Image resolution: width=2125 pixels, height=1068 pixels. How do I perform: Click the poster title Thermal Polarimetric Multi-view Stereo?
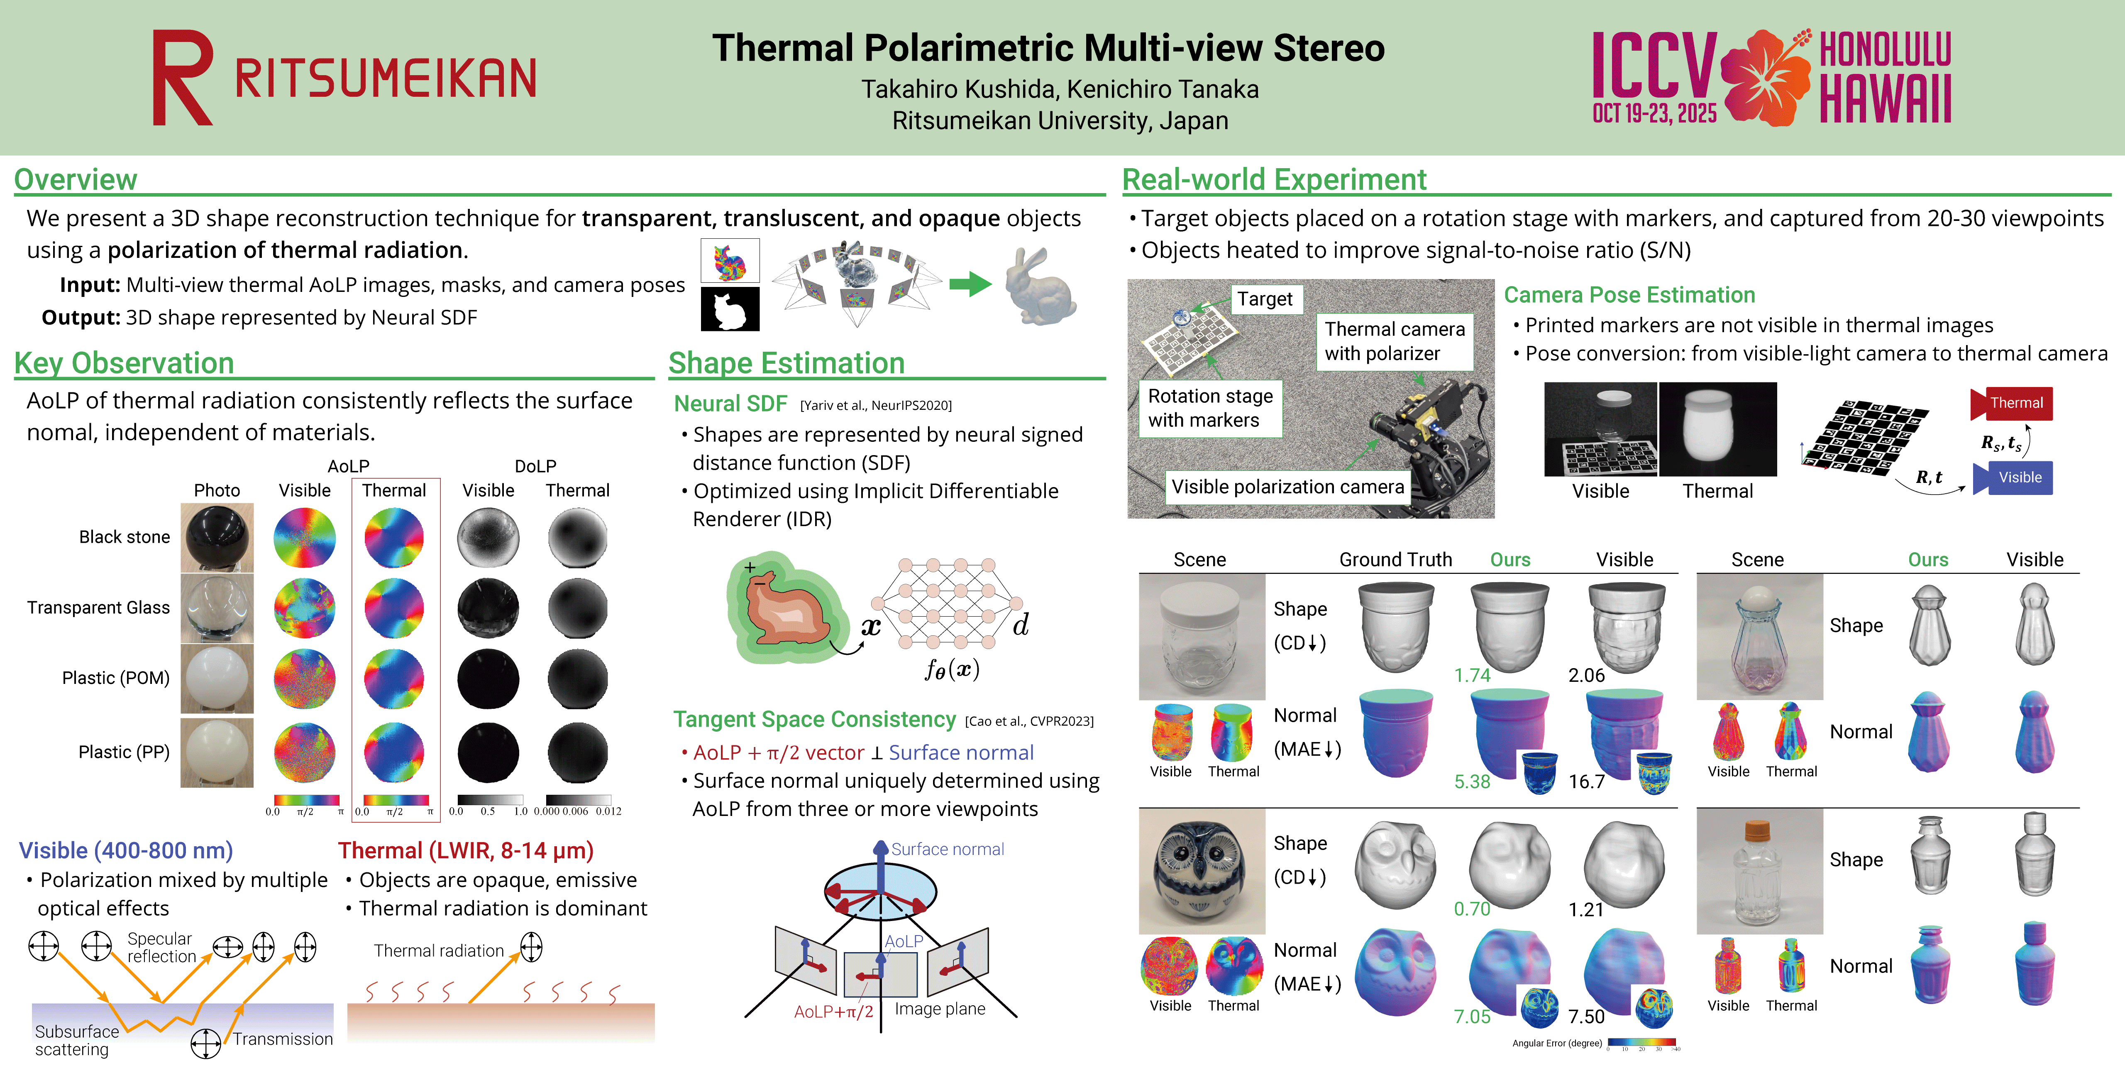point(1048,48)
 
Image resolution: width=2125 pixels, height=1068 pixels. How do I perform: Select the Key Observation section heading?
point(124,363)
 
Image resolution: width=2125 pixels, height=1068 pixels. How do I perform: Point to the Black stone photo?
point(217,537)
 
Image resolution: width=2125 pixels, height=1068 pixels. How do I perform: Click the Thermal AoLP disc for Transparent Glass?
point(394,608)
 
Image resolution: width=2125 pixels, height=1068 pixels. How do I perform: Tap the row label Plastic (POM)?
point(115,678)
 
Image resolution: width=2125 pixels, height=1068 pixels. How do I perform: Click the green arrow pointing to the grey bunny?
point(969,285)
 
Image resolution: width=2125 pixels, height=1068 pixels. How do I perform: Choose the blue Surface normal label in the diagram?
point(947,849)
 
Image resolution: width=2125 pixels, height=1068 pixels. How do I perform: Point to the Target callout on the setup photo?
point(1265,299)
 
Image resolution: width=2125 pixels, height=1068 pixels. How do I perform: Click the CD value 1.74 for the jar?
point(1472,675)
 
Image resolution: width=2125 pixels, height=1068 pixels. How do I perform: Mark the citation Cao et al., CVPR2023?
point(1029,721)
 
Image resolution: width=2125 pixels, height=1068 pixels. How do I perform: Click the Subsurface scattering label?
point(76,1040)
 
